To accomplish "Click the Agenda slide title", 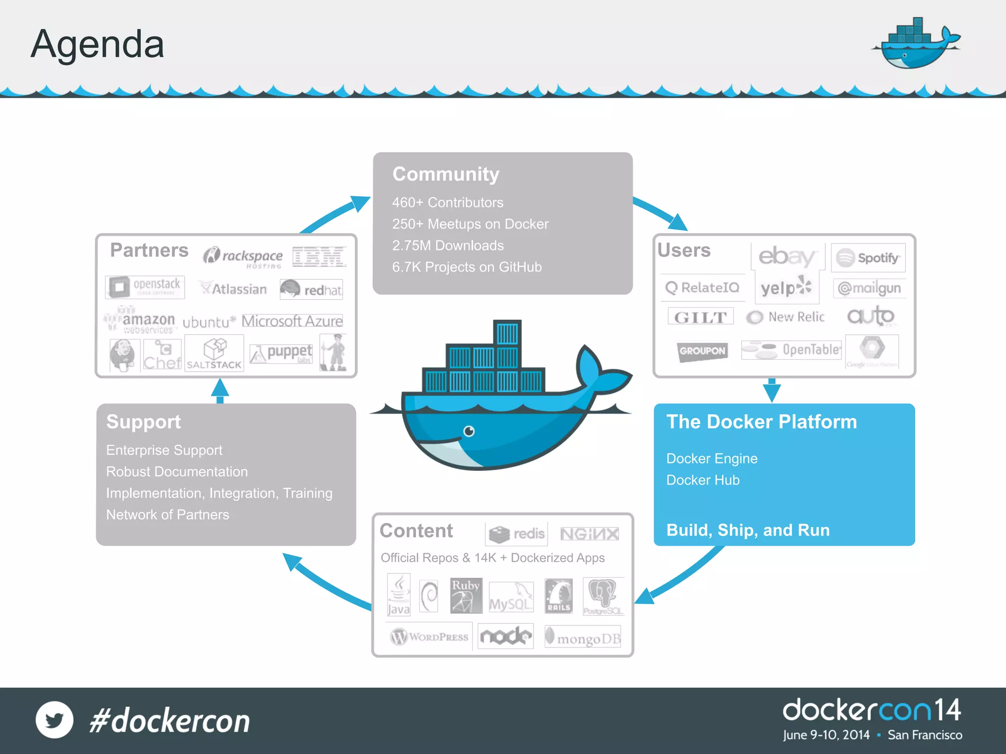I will coord(97,44).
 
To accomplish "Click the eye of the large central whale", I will coord(469,431).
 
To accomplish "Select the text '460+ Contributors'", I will coord(447,202).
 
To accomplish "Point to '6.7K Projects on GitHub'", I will coord(467,267).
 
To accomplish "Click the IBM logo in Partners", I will coord(319,257).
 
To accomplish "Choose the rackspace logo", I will coord(243,257).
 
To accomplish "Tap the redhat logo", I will coord(311,290).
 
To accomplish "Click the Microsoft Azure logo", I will coord(292,321).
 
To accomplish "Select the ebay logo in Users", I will coord(787,257).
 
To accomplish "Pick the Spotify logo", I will coord(868,258).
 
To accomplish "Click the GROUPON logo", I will coord(702,351).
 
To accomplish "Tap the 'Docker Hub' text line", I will coord(703,480).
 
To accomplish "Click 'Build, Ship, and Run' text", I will coord(748,530).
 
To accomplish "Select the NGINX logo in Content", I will coord(589,534).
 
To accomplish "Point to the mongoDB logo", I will coord(583,638).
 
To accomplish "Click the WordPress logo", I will coord(429,637).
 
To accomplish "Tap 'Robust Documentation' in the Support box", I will coord(177,472).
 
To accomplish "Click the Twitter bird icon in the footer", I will coord(55,720).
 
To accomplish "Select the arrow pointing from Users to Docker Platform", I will coord(772,391).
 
